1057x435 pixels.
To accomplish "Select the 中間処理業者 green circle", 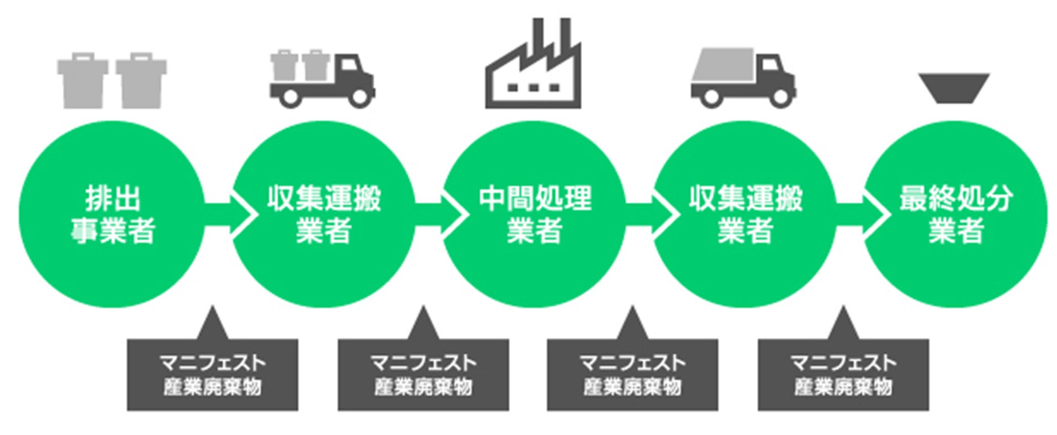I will (x=534, y=214).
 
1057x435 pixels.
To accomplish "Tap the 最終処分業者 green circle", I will (x=955, y=214).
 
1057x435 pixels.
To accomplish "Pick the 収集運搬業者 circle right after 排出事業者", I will (x=323, y=214).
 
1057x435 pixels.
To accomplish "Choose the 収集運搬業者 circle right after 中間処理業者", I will (x=744, y=214).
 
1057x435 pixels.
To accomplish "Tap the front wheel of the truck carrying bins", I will (x=360, y=97).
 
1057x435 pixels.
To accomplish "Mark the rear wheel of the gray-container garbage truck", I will (x=711, y=97).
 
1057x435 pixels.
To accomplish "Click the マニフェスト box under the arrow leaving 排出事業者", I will (x=212, y=375).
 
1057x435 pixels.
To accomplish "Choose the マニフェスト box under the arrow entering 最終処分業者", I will (x=843, y=375).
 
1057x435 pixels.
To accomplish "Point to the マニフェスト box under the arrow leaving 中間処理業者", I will (x=632, y=375).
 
